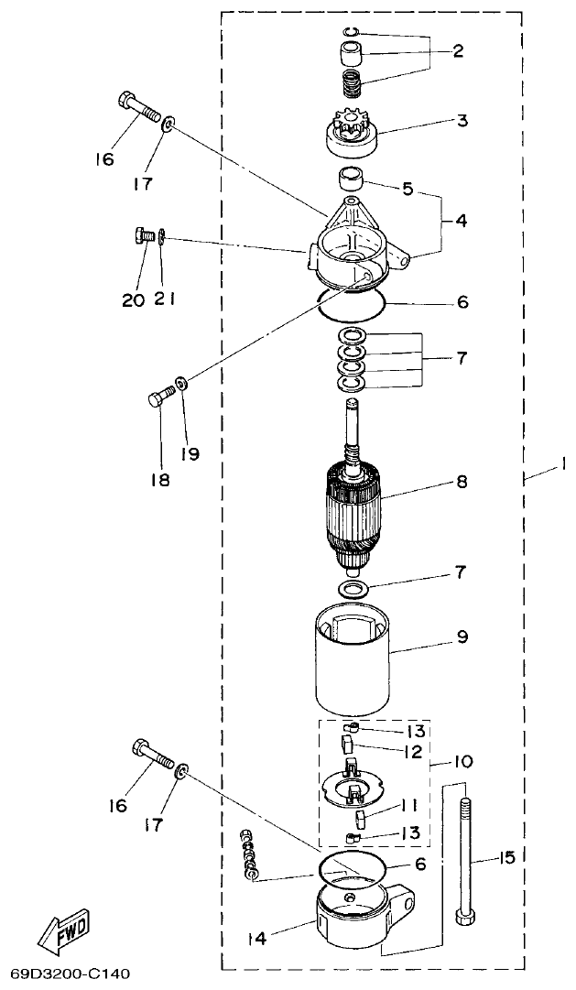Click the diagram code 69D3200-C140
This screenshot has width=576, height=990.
click(71, 973)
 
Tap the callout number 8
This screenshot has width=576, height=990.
click(461, 481)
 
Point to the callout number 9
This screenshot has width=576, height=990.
click(462, 636)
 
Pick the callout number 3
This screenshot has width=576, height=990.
click(462, 120)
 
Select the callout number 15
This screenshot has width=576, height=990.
click(506, 858)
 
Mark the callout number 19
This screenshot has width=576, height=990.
click(190, 453)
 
